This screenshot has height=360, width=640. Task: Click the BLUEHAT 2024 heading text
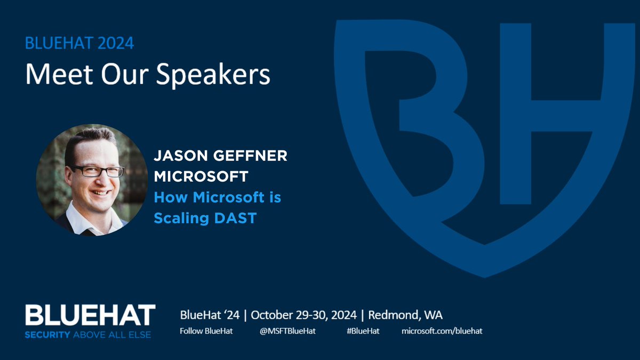tap(79, 43)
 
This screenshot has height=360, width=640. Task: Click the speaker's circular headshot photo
tap(92, 180)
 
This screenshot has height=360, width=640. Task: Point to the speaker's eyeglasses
tap(98, 171)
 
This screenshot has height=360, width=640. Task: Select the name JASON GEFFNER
tap(220, 157)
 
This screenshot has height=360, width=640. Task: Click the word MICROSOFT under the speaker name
tap(194, 177)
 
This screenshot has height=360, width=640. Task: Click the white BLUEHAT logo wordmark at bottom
tap(90, 315)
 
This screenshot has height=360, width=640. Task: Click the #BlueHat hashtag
tap(363, 331)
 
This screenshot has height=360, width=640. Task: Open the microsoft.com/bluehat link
tap(442, 331)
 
